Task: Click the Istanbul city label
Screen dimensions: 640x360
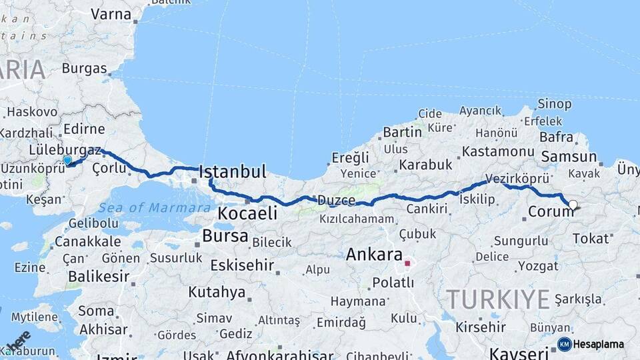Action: click(233, 171)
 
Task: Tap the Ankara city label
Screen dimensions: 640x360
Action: click(374, 255)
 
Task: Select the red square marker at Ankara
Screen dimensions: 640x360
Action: click(407, 263)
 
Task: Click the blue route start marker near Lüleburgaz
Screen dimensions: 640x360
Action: click(67, 160)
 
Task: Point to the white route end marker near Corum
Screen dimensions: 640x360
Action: click(573, 205)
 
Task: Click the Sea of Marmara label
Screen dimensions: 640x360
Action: click(154, 208)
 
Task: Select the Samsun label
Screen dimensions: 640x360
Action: click(569, 157)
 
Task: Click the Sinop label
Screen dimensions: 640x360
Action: click(554, 104)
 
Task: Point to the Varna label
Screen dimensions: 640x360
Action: click(111, 13)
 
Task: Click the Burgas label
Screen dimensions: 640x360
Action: click(84, 68)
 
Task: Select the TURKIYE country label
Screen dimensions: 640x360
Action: click(498, 299)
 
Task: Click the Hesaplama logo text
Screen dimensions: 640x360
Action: click(599, 345)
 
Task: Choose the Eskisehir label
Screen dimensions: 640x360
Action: click(241, 265)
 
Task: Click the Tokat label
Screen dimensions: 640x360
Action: click(591, 238)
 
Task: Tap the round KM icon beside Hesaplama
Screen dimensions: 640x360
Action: click(564, 344)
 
